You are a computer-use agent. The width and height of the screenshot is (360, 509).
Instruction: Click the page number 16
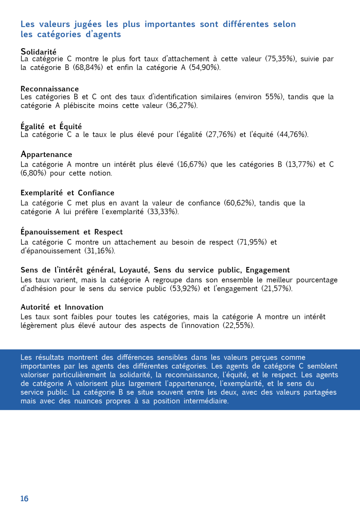pyautogui.click(x=24, y=498)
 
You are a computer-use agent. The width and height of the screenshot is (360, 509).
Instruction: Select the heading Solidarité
pyautogui.click(x=38, y=52)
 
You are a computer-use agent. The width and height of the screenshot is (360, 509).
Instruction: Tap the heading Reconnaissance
pyautogui.click(x=50, y=89)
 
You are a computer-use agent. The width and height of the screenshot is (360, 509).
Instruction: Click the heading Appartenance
pyautogui.click(x=47, y=154)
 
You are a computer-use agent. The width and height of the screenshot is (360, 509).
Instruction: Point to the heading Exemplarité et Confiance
pyautogui.click(x=67, y=193)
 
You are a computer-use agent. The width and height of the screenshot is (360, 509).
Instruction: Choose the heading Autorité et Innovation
pyautogui.click(x=62, y=307)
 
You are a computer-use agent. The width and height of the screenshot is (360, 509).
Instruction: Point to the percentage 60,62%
pyautogui.click(x=239, y=203)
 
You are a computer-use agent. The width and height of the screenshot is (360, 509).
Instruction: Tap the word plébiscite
pyautogui.click(x=79, y=106)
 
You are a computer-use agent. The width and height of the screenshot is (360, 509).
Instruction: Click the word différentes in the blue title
pyautogui.click(x=246, y=24)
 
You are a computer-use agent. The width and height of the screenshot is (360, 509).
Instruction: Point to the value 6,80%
pyautogui.click(x=33, y=173)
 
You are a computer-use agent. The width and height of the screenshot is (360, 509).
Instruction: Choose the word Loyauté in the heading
pyautogui.click(x=134, y=270)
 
